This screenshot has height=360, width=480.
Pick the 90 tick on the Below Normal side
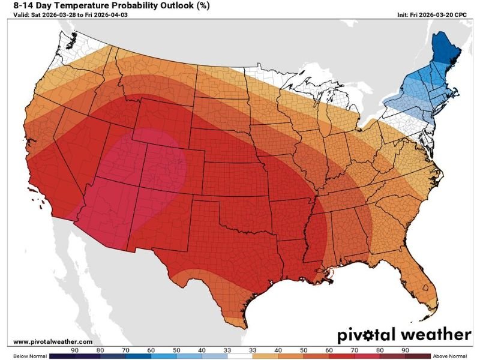point(75,350)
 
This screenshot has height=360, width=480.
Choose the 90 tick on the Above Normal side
point(405,350)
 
